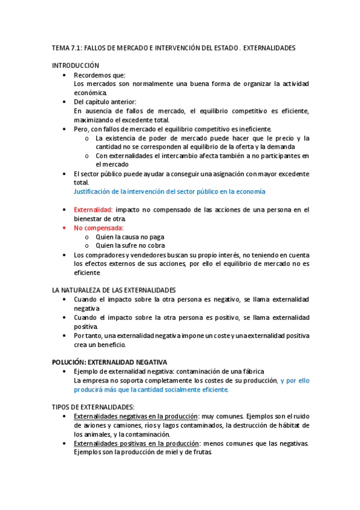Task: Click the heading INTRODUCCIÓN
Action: (75, 65)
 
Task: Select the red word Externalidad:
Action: (93, 209)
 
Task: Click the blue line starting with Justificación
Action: (169, 191)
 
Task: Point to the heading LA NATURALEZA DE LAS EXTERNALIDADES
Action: (114, 290)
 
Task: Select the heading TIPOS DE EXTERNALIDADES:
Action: (93, 407)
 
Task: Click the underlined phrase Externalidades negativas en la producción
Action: (136, 416)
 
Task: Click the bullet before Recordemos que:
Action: (64, 75)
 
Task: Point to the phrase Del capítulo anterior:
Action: (105, 102)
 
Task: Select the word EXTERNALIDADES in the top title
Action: (270, 48)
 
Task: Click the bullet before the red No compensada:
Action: (64, 228)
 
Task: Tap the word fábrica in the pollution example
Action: (251, 372)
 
